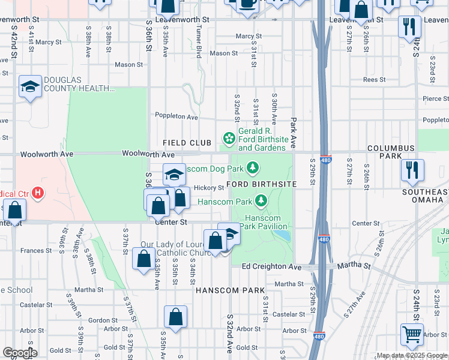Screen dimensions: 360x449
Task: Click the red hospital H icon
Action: pos(38,193)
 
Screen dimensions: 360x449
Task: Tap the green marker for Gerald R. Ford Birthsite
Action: pos(229,137)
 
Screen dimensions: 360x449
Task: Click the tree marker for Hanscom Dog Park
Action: pos(253,166)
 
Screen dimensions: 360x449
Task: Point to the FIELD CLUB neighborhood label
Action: pos(187,143)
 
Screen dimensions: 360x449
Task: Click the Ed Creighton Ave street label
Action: pos(271,266)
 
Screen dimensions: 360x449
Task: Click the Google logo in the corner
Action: pos(20,353)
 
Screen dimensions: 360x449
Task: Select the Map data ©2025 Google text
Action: pos(412,355)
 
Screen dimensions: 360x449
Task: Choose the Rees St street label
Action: pos(373,79)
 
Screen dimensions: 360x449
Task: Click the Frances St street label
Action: pos(37,250)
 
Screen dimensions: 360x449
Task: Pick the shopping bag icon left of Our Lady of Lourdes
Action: pos(143,259)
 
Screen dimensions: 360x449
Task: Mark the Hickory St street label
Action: pos(209,187)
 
